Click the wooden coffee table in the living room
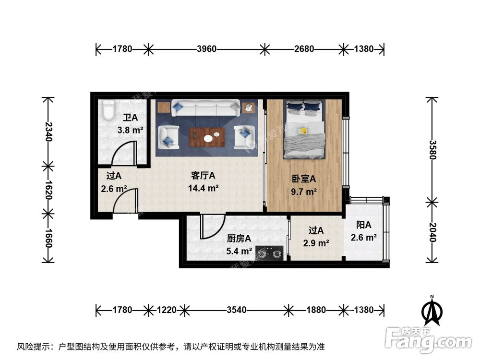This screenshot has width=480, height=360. click(x=207, y=136)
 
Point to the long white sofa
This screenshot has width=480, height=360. click(x=206, y=108)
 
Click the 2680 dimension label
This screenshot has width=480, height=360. click(x=304, y=49)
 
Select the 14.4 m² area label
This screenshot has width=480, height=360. click(x=204, y=188)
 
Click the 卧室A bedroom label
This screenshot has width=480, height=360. click(x=304, y=179)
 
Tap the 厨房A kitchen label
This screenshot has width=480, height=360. click(x=239, y=239)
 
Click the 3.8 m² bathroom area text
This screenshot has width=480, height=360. click(x=130, y=129)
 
